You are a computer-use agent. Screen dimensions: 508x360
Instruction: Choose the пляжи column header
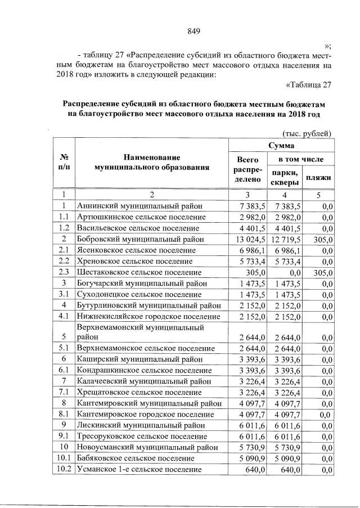pyautogui.click(x=318, y=177)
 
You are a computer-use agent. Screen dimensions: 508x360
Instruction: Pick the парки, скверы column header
pyautogui.click(x=282, y=178)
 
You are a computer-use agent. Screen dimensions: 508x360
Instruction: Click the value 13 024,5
pyautogui.click(x=247, y=239)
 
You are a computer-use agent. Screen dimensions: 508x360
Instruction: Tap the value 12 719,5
pyautogui.click(x=282, y=239)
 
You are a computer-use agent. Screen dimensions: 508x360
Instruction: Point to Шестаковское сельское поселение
pyautogui.click(x=139, y=272)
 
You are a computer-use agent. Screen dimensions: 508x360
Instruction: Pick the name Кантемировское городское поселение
pyautogui.click(x=146, y=415)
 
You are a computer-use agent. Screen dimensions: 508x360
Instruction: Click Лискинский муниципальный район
pyautogui.click(x=138, y=425)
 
